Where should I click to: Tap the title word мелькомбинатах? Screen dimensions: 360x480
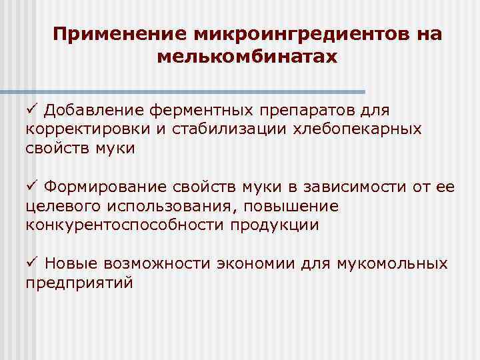pos(247,57)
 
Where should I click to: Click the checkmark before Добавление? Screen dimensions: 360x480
pos(31,109)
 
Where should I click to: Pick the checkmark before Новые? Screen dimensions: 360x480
pos(31,263)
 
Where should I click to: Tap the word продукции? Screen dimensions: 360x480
pos(275,225)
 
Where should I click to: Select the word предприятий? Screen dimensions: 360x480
pos(79,283)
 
